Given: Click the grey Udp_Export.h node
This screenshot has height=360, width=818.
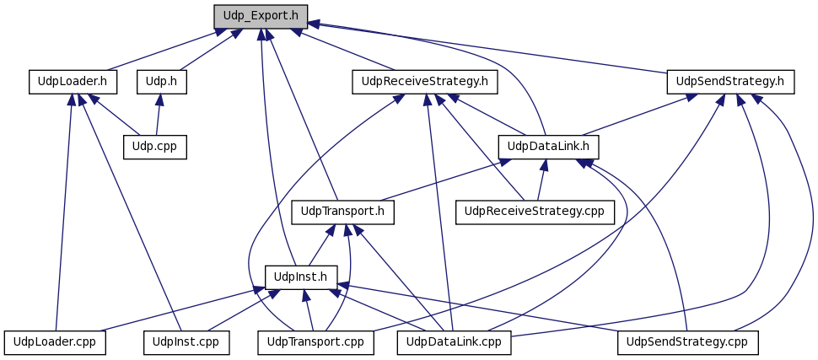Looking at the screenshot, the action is click(261, 16).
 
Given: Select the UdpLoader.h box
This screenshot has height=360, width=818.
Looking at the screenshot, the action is click(73, 82).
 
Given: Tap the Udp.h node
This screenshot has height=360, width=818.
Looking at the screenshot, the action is click(162, 82).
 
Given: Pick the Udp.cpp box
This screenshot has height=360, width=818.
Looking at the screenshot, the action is click(155, 147).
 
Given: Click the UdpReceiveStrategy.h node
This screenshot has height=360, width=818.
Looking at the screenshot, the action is click(425, 82).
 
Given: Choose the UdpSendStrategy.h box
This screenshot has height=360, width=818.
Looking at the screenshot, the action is click(730, 82).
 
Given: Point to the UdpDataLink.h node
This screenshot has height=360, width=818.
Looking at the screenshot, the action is click(548, 147).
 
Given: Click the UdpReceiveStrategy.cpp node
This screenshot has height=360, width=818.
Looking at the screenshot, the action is click(535, 212).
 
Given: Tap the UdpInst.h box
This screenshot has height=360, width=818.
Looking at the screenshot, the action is click(301, 277).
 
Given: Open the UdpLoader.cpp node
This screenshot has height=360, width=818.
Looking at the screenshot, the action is click(54, 343).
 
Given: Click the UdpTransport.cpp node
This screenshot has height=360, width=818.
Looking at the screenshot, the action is click(316, 343).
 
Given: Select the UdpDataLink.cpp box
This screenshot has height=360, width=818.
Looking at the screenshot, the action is click(454, 343).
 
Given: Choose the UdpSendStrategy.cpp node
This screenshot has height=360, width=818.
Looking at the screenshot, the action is click(687, 343).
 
